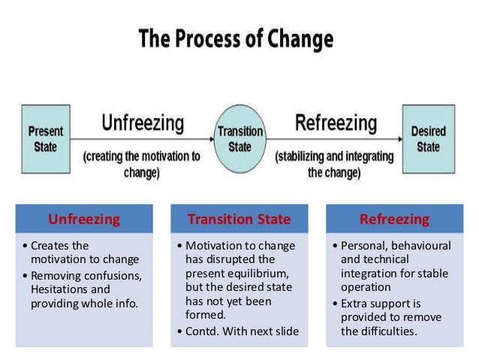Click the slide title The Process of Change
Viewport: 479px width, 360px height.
click(x=236, y=38)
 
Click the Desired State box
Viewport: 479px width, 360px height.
click(x=428, y=138)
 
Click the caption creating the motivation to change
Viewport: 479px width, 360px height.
click(x=142, y=165)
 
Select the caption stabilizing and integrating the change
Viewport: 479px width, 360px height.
click(x=334, y=165)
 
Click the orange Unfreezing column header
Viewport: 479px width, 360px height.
click(x=84, y=219)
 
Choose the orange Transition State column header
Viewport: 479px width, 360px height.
click(x=239, y=219)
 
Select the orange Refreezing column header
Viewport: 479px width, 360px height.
click(x=394, y=219)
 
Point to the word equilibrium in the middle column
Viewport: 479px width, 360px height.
click(x=266, y=274)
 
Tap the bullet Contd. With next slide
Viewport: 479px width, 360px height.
click(x=237, y=331)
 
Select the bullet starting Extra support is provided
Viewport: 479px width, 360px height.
click(x=383, y=317)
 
